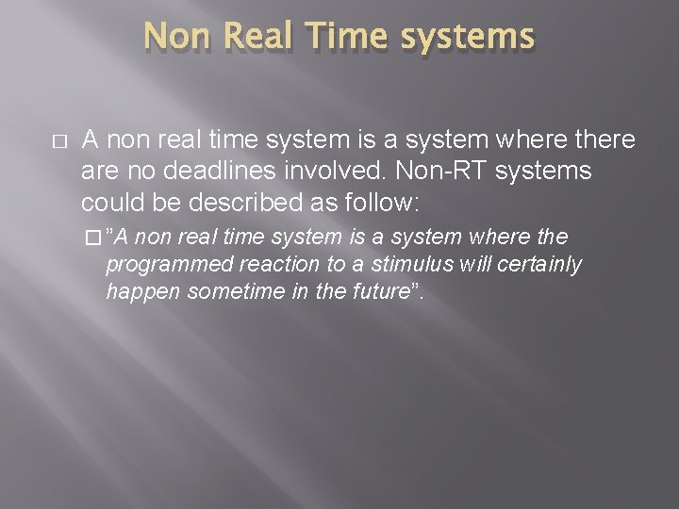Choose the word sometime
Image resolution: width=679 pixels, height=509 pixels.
click(x=227, y=292)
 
